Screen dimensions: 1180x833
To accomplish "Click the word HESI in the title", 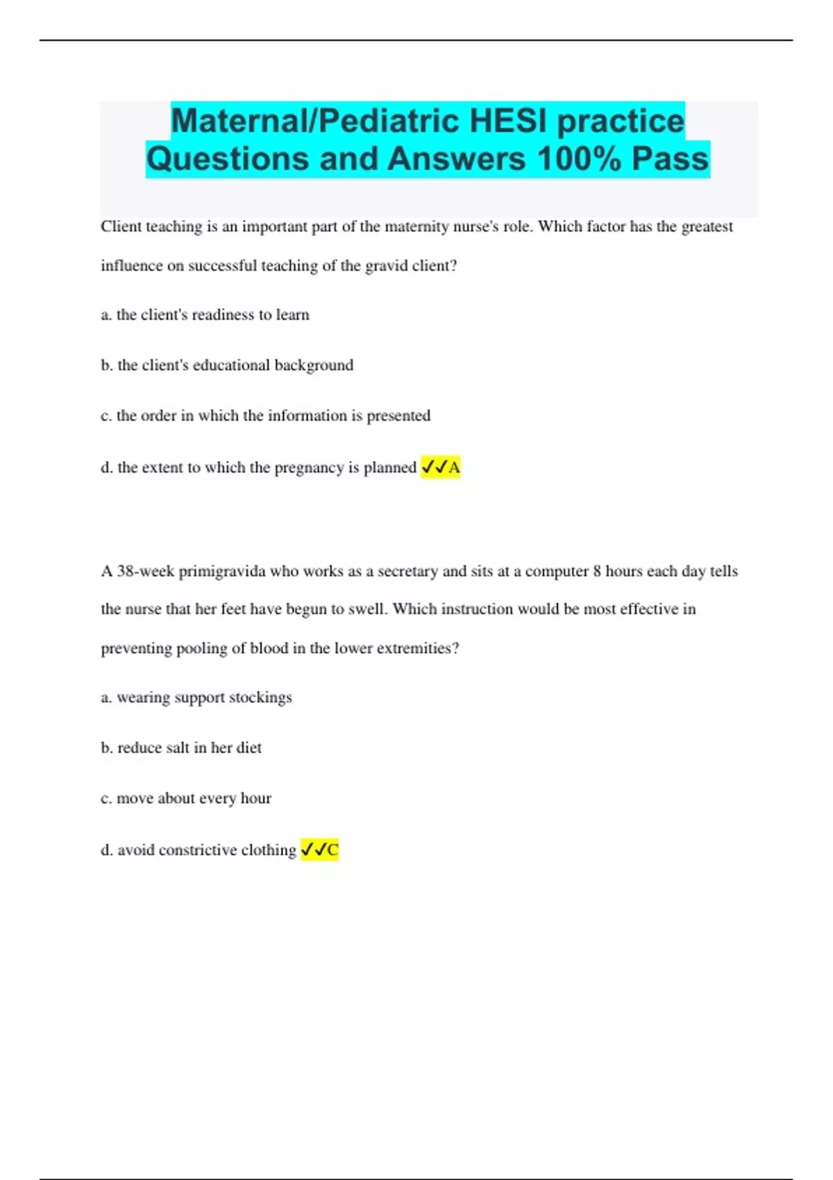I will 509,121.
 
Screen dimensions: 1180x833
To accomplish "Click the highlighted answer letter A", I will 455,468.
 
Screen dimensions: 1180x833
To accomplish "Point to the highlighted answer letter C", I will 333,850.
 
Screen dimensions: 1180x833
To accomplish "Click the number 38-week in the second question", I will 146,571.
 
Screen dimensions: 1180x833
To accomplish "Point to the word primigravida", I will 222,571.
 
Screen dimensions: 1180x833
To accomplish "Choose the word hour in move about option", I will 255,798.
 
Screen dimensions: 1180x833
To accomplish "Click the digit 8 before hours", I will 597,571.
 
